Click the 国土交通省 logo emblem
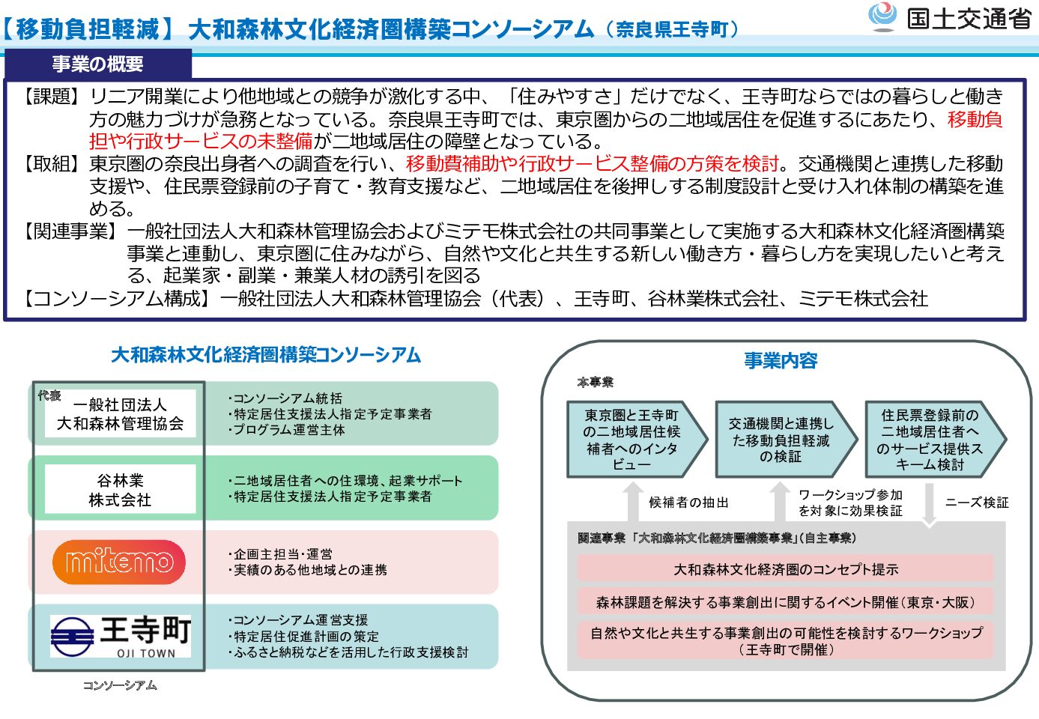coord(882,16)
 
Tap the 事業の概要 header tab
coord(97,64)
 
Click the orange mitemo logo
coord(119,562)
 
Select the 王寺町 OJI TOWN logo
coord(121,636)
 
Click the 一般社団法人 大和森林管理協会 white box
coord(120,414)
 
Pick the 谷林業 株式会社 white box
coord(120,490)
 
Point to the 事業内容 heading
coord(781,361)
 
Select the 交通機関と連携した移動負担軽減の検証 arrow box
coord(784,440)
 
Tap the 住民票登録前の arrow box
coord(933,440)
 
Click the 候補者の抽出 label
coord(688,503)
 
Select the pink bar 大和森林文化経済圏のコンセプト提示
coord(785,569)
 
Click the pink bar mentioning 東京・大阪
coord(785,602)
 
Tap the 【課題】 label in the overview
coord(50,97)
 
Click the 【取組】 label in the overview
coord(50,164)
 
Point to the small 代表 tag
coord(49,395)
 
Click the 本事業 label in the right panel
coord(595,383)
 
